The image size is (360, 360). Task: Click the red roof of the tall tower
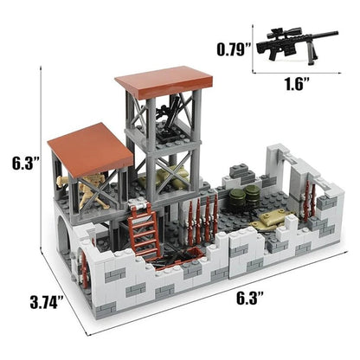[164, 80]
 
